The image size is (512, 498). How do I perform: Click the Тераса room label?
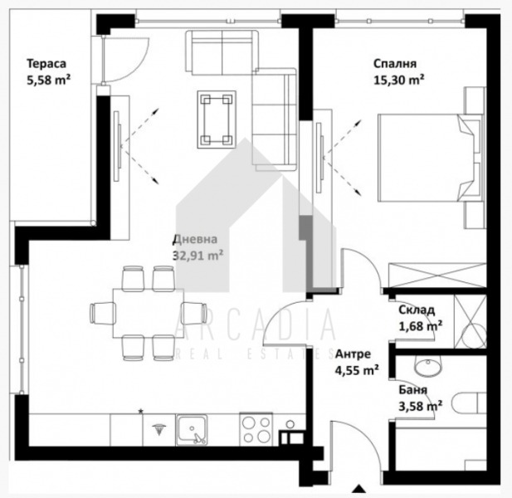(46, 63)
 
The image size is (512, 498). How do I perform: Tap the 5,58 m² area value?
(47, 81)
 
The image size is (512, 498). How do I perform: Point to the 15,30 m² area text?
(399, 81)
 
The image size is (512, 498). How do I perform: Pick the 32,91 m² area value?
(198, 255)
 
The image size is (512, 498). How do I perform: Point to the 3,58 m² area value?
(419, 406)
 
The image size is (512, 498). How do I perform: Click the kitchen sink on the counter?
(193, 430)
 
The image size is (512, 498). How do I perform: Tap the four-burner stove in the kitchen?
(258, 429)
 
